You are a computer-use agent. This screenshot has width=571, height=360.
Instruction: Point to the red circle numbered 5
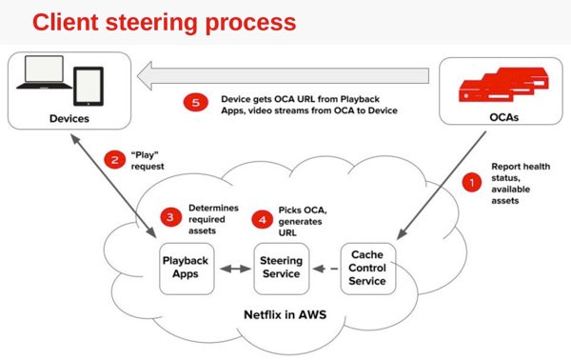pyautogui.click(x=196, y=103)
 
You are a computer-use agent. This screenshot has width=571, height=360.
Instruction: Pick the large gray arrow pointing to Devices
pyautogui.click(x=285, y=74)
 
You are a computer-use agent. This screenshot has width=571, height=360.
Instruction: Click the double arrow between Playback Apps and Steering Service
pyautogui.click(x=233, y=268)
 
